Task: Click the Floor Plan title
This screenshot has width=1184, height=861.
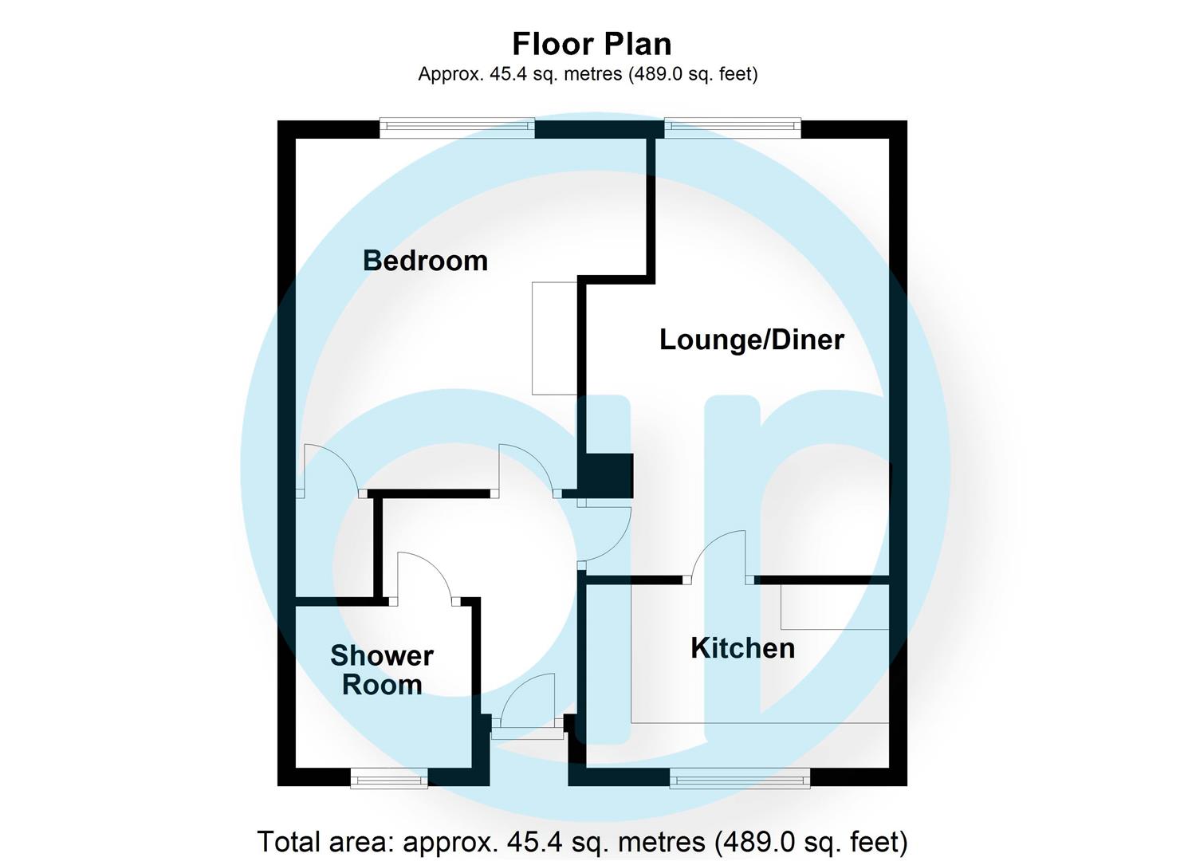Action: [x=592, y=44]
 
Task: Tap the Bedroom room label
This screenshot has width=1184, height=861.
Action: [x=425, y=261]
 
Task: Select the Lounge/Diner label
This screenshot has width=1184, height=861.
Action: [x=751, y=340]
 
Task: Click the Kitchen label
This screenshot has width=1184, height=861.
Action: [x=742, y=648]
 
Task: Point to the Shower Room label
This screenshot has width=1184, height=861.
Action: [x=382, y=670]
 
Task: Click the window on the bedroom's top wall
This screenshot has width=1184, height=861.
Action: [x=457, y=128]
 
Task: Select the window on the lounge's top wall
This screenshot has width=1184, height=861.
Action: [x=733, y=128]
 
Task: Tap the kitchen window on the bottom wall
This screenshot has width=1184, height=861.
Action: [x=740, y=778]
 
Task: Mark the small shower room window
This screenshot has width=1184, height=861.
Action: [x=389, y=778]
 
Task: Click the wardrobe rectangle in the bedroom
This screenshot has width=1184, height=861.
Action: [x=555, y=338]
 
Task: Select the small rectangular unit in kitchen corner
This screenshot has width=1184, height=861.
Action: [x=834, y=607]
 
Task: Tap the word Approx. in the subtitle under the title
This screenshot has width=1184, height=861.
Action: [x=450, y=74]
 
